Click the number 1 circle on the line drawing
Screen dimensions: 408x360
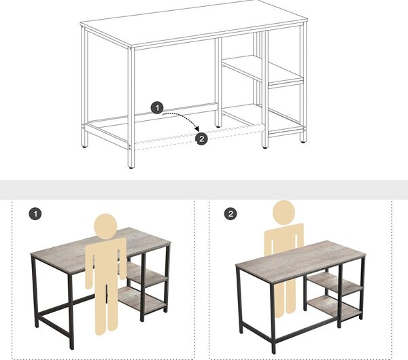157,107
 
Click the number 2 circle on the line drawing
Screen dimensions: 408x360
202,139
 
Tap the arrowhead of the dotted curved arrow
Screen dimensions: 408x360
197,128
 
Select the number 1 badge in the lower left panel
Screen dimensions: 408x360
35,214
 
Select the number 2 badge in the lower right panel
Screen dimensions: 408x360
231,214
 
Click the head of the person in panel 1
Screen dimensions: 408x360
105,226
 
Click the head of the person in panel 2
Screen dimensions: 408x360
284,212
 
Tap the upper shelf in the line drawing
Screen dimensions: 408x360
262,70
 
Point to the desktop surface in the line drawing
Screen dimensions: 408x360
194,22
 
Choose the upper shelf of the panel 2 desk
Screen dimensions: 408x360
335,284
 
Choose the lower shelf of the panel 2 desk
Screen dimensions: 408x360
335,308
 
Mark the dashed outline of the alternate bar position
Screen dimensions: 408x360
199,137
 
